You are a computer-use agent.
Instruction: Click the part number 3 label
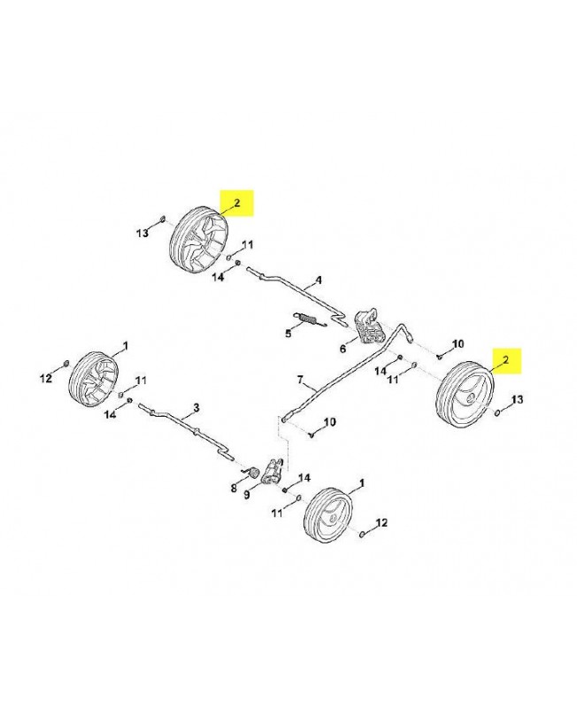pyautogui.click(x=196, y=408)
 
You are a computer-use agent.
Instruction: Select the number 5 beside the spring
pyautogui.click(x=288, y=333)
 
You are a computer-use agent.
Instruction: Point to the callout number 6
pyautogui.click(x=344, y=348)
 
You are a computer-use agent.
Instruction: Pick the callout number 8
pyautogui.click(x=234, y=488)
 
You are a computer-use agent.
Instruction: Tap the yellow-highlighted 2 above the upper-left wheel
pyautogui.click(x=236, y=204)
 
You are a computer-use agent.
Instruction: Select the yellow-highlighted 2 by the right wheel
pyautogui.click(x=505, y=359)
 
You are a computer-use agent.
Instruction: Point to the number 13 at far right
pyautogui.click(x=519, y=400)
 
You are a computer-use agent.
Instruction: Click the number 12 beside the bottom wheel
pyautogui.click(x=382, y=523)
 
